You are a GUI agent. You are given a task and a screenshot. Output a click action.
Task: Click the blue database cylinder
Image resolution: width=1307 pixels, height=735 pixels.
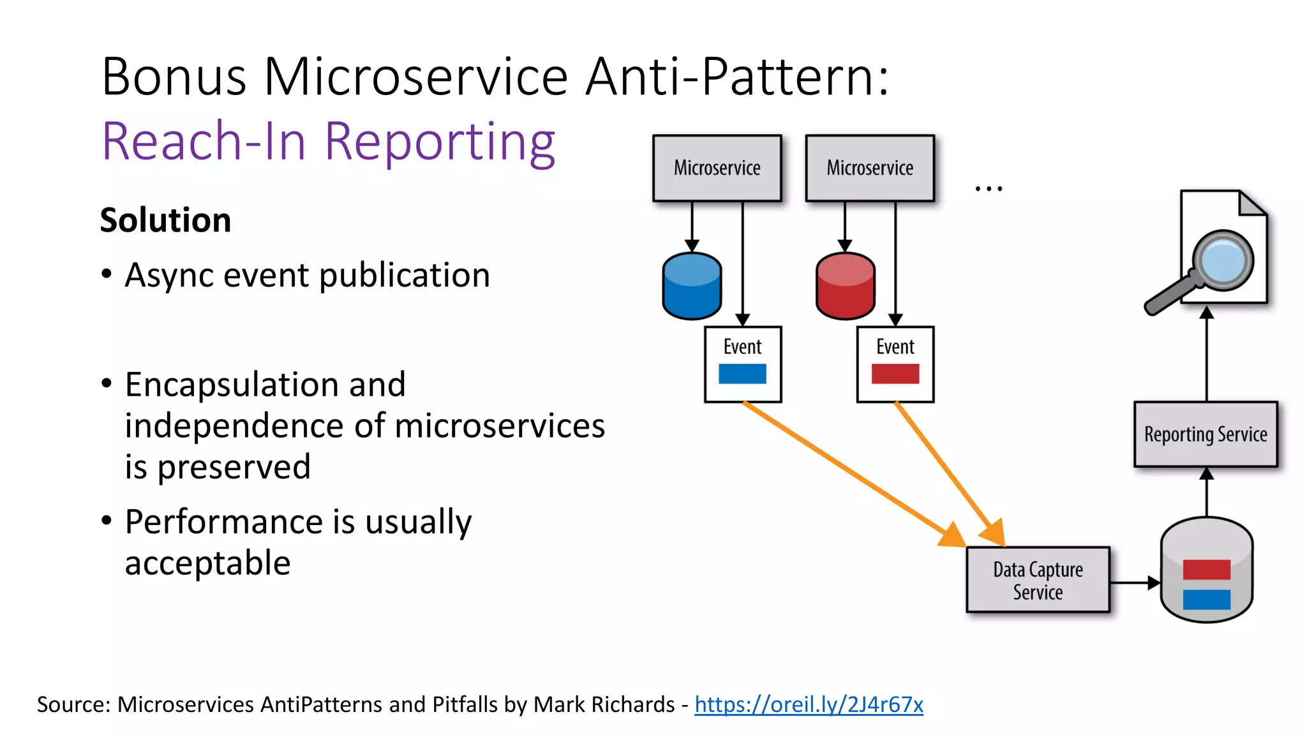692,286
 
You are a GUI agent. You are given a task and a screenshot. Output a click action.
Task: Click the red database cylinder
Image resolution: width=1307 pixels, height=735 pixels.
845,286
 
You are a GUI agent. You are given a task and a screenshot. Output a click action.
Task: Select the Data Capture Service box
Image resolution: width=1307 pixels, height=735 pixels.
1038,580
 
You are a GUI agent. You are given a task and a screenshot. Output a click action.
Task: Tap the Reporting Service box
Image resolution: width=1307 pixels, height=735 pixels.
1206,434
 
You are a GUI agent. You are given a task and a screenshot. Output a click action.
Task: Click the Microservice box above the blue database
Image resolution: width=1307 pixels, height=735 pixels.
717,168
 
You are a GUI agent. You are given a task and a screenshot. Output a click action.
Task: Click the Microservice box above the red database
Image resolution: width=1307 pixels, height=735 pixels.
870,168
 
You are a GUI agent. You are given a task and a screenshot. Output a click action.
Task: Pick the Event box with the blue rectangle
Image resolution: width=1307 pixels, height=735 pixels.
743,364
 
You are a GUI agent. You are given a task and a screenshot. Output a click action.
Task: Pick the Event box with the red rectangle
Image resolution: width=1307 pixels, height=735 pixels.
895,364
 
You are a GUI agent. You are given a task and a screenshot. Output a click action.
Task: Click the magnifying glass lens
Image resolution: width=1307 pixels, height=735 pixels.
1222,261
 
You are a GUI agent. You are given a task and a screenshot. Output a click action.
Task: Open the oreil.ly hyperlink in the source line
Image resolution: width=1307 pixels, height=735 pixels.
809,704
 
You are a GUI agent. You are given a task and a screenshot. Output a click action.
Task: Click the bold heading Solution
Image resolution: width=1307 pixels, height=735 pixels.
165,220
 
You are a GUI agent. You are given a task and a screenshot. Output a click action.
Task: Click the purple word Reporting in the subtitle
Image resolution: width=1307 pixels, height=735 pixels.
440,142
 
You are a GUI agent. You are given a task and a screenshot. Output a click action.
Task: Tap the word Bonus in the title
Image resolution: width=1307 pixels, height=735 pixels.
174,77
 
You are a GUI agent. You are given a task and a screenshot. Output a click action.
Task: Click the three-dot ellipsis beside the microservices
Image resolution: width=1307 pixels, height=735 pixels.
989,188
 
